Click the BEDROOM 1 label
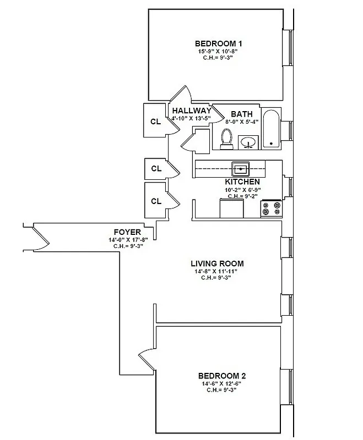tap(219, 43)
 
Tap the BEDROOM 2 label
tap(222, 376)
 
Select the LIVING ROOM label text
tap(216, 263)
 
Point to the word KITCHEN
tap(242, 182)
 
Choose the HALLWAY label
tap(191, 111)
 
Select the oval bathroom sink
tap(249, 142)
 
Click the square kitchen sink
tap(240, 168)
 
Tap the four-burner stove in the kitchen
tap(271, 208)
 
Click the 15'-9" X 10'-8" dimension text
tap(218, 51)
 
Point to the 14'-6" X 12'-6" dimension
tap(222, 383)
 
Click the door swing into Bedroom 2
tap(147, 360)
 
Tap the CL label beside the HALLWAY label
tap(156, 122)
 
